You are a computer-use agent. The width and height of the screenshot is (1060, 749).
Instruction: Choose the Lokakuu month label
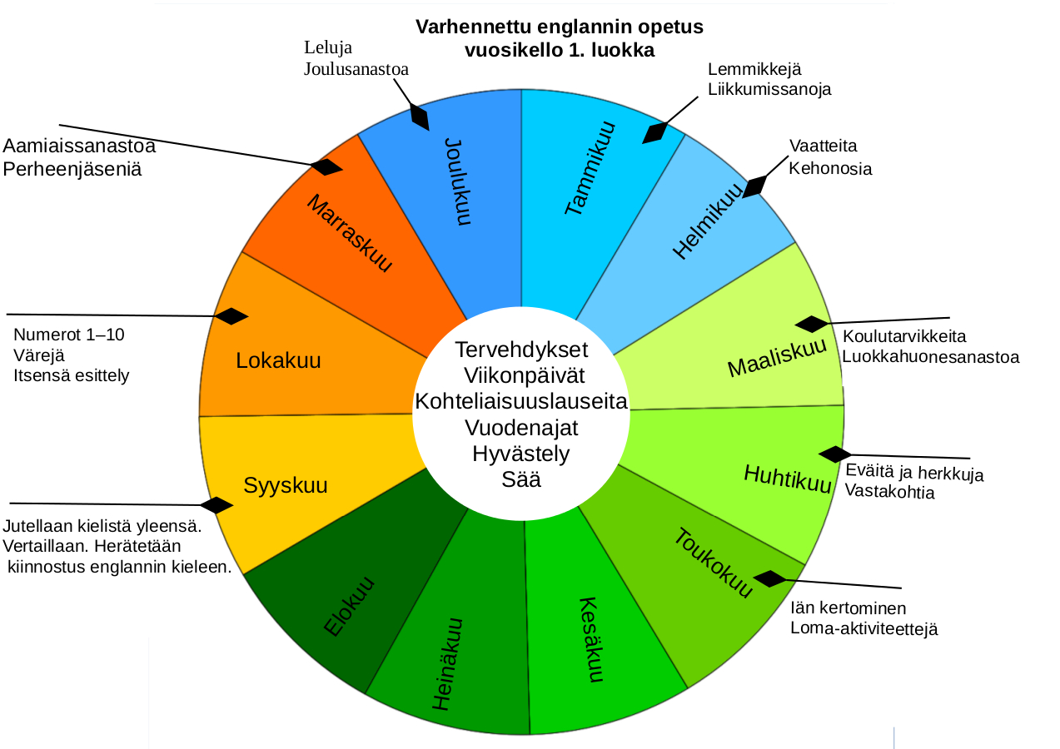278,361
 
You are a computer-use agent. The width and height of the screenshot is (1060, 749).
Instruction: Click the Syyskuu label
286,485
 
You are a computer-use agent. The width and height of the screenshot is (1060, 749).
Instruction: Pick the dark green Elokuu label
349,607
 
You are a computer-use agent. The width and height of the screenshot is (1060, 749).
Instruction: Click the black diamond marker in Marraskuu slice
326,167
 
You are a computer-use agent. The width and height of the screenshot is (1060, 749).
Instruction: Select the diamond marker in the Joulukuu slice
420,117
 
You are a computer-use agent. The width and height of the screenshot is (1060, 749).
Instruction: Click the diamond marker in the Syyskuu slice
217,505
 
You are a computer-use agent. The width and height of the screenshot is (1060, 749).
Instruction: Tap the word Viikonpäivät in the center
521,374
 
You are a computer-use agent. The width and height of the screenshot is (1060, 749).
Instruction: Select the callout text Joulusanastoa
356,69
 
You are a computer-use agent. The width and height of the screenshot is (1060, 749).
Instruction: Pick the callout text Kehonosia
830,169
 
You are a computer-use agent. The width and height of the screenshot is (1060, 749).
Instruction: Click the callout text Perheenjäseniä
72,169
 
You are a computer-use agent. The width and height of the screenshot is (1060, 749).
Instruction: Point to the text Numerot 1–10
69,335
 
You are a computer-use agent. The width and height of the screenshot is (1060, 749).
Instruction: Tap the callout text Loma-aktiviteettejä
864,629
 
